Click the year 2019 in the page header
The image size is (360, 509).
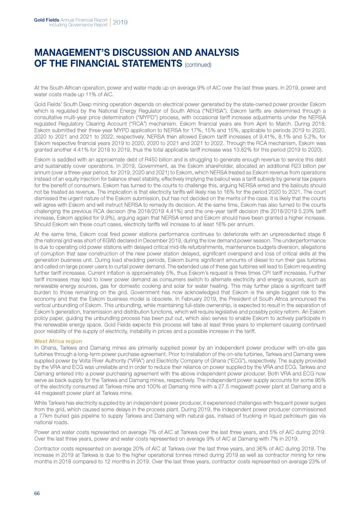120,22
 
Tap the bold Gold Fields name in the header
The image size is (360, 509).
45,19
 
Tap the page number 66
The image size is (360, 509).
37,493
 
